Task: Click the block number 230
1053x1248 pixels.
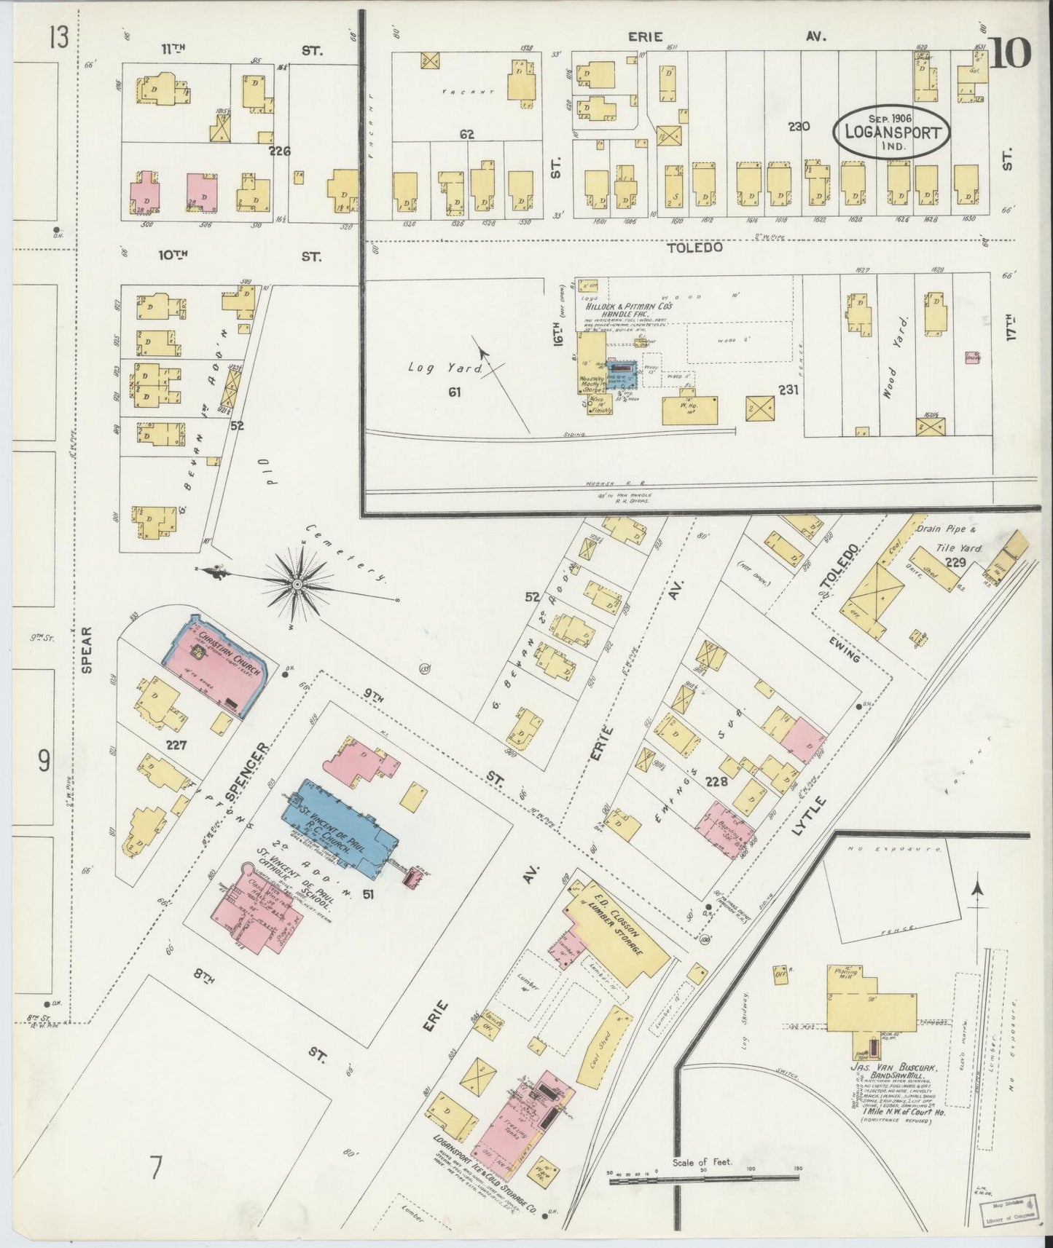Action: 799,126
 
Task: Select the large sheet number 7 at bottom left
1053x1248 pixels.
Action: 155,1169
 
